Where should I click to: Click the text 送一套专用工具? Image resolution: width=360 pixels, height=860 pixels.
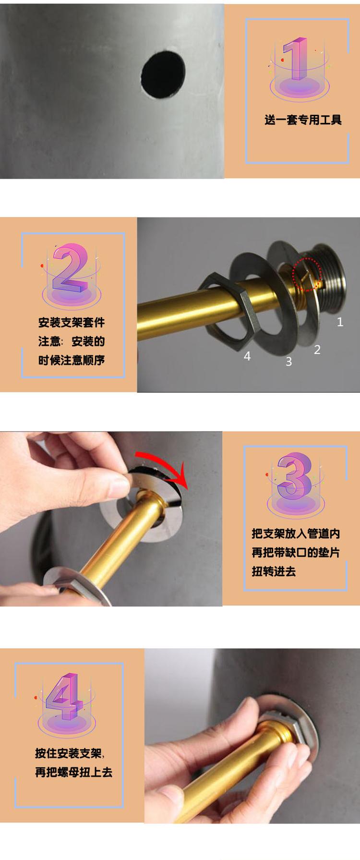tap(302, 120)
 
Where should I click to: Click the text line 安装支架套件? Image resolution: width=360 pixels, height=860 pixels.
tap(72, 323)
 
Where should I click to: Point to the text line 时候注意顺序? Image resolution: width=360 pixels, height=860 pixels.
tap(72, 360)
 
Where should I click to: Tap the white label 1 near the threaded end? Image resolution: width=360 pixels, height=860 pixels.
tap(340, 322)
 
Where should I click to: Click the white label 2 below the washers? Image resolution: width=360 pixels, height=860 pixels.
tap(317, 350)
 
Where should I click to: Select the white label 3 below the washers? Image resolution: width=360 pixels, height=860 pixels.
tap(288, 362)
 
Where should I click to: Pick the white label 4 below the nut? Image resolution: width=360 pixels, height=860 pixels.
tap(247, 356)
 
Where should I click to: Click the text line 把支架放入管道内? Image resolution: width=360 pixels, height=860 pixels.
tap(296, 533)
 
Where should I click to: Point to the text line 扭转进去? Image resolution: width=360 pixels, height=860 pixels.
tap(274, 571)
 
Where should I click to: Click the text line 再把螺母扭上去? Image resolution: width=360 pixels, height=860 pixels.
tap(73, 772)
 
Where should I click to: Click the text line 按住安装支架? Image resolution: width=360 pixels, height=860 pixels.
tap(69, 753)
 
